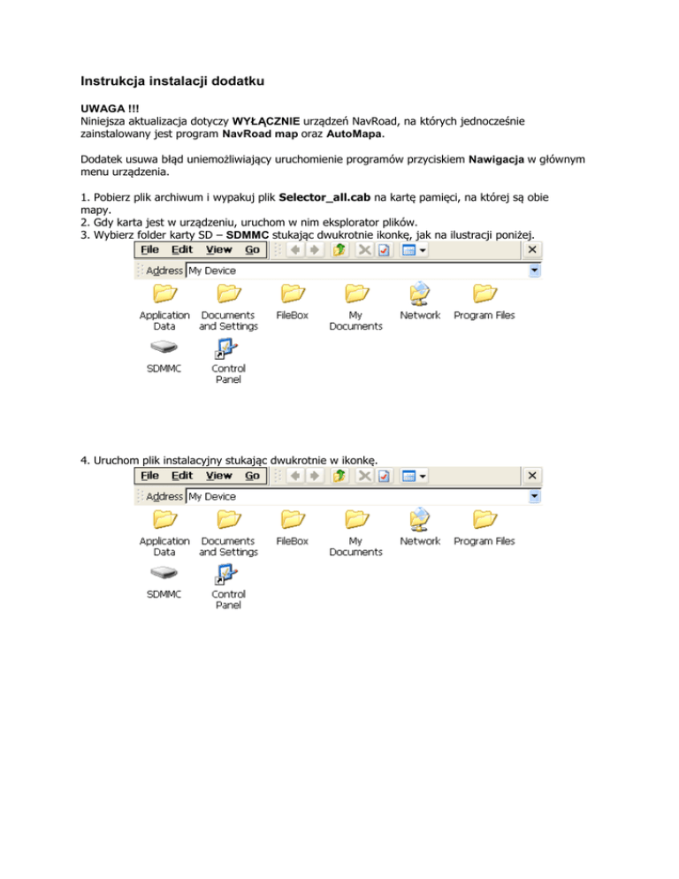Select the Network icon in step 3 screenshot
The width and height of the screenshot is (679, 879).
click(420, 294)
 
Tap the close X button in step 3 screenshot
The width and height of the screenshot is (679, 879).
click(532, 250)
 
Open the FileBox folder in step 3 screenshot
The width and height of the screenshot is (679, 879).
click(292, 294)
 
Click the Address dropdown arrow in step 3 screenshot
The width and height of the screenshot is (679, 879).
click(533, 271)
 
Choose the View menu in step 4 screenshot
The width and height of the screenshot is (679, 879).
click(218, 476)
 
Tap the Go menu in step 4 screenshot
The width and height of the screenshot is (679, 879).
click(252, 476)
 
